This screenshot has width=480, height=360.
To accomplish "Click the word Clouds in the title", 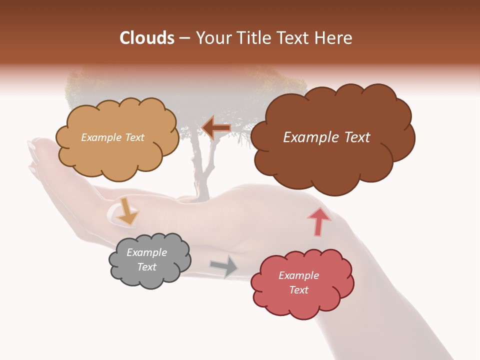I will pyautogui.click(x=147, y=38).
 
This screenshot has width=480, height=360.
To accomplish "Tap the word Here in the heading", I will pyautogui.click(x=333, y=38).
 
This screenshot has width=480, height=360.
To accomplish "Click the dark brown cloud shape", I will pyautogui.click(x=332, y=160).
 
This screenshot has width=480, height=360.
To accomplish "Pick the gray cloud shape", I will pyautogui.click(x=150, y=277).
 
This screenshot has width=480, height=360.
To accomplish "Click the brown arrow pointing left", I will pyautogui.click(x=216, y=128).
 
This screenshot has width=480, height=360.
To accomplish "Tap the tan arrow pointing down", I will pyautogui.click(x=127, y=212).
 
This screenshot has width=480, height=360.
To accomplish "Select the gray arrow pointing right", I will pyautogui.click(x=224, y=266).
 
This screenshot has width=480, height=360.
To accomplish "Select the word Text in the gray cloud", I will pyautogui.click(x=147, y=267).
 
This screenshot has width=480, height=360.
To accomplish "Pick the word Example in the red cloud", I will pyautogui.click(x=298, y=275).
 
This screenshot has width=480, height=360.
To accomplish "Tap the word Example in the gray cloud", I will pyautogui.click(x=146, y=252).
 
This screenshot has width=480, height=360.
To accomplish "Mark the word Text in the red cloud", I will pyautogui.click(x=298, y=290).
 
